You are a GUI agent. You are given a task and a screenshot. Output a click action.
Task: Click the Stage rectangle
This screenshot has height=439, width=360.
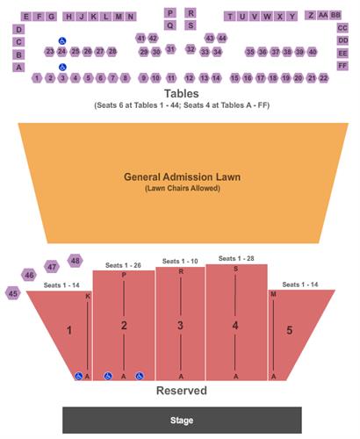(x=182, y=420)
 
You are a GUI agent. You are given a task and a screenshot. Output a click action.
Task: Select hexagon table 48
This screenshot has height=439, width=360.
(x=76, y=261)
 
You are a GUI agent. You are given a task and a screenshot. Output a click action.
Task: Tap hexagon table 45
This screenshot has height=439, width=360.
(x=13, y=293)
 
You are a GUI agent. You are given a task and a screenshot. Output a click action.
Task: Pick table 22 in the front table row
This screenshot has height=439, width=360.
(x=323, y=78)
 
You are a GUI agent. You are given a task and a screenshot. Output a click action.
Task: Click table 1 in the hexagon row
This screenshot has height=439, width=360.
(x=37, y=78)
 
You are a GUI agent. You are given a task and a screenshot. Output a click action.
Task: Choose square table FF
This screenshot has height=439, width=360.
(x=342, y=66)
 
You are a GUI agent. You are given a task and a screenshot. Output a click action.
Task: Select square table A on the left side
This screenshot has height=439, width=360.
(x=18, y=68)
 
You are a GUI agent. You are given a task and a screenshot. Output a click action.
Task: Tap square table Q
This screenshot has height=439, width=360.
(x=170, y=25)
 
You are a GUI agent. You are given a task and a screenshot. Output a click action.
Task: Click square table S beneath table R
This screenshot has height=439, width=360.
(x=191, y=25)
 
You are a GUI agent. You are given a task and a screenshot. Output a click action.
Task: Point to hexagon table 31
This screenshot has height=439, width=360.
(x=170, y=49)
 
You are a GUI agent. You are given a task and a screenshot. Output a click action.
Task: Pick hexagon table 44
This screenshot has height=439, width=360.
(x=222, y=38)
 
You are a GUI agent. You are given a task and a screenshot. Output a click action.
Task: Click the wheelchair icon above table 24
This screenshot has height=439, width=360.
(x=62, y=40)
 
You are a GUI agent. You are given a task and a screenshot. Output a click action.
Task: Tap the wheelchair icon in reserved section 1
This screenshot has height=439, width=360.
(x=78, y=376)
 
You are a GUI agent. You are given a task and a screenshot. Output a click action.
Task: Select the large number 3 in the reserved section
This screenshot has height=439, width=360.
(x=180, y=325)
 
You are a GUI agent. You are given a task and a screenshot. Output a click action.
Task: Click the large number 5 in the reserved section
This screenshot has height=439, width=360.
(x=290, y=330)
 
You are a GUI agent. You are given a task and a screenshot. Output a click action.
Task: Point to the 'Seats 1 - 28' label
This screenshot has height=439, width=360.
(x=236, y=258)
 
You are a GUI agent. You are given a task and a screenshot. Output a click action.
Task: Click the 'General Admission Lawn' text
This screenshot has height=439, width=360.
(x=182, y=176)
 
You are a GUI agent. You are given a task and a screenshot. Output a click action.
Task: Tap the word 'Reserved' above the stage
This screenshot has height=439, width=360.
(x=182, y=391)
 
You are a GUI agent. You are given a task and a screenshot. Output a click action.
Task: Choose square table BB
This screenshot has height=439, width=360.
(x=335, y=15)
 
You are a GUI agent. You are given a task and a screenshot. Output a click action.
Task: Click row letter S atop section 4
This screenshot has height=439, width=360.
(x=235, y=269)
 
